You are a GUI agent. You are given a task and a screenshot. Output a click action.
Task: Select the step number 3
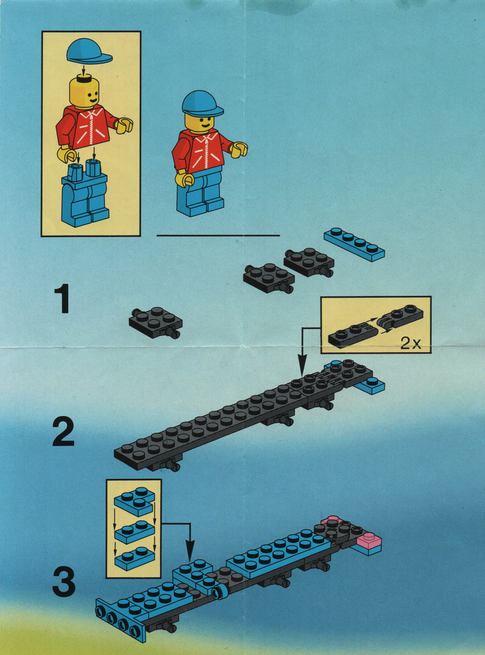[x=64, y=581]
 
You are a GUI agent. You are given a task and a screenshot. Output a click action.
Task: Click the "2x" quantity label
[x=411, y=344]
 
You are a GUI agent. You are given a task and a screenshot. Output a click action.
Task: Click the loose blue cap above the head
[x=89, y=51]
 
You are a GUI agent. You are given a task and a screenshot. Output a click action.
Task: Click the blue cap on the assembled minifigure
[x=202, y=104]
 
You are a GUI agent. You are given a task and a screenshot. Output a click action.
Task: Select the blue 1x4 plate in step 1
[x=354, y=244]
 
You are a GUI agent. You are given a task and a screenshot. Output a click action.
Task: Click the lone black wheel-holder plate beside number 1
[x=156, y=322]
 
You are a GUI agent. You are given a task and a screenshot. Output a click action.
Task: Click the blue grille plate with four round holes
[x=120, y=620]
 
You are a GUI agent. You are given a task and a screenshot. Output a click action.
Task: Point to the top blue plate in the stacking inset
[x=134, y=501]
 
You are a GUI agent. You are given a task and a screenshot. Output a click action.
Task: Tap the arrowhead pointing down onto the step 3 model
[x=190, y=555]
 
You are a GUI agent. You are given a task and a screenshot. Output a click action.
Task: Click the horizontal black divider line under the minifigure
[x=218, y=236]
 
